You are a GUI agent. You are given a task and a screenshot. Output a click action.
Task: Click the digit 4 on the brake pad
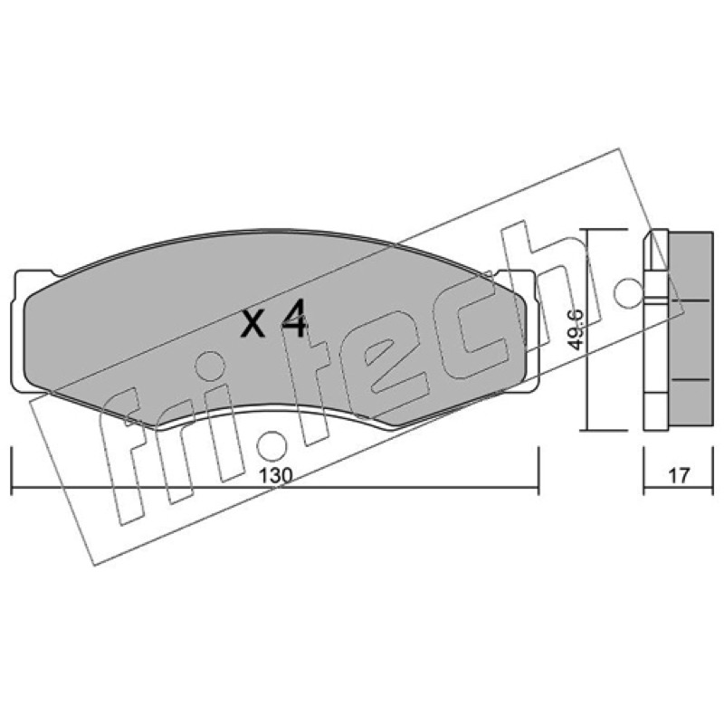292,319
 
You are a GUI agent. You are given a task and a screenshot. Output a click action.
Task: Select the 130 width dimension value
276,476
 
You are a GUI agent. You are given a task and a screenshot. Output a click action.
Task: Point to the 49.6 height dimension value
576,330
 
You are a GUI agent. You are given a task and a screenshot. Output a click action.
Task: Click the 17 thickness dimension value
679,476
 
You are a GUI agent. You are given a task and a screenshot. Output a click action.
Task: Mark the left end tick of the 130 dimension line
11,471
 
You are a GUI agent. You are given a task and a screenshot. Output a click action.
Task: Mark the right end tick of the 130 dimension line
538,471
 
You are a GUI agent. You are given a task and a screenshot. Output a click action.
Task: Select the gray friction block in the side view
690,329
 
